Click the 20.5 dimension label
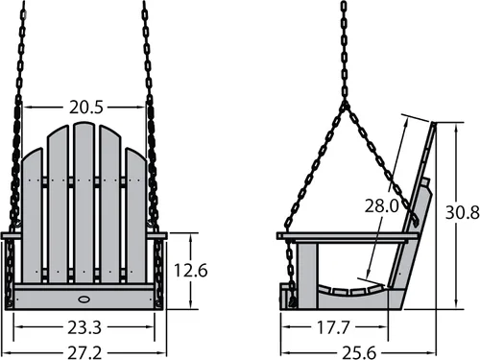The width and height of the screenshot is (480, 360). click(86, 108)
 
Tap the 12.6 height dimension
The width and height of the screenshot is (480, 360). click(191, 271)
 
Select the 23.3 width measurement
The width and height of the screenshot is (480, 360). click(84, 327)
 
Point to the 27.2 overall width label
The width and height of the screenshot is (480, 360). click(84, 352)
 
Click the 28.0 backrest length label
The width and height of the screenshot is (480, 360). click(382, 205)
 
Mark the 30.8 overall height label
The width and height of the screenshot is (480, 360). click(463, 212)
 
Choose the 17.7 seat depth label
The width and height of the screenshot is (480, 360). click(333, 327)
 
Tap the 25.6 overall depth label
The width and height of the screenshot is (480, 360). click(359, 352)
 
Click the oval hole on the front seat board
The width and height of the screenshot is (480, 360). click(84, 300)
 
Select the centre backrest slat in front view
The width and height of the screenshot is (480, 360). click(84, 203)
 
